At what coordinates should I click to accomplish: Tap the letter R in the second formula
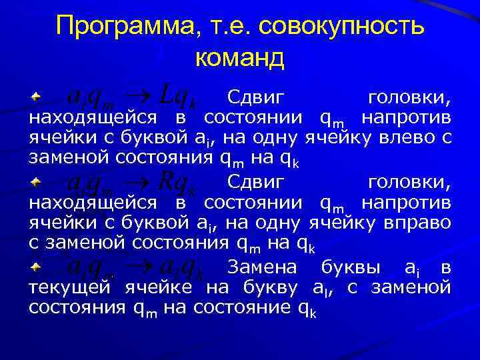pos(167,182)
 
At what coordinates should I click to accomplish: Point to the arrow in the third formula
pos(140,267)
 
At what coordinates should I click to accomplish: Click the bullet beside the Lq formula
pos(36,97)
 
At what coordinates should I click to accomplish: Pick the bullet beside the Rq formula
pos(36,181)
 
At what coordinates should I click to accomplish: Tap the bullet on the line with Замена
pos(36,265)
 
